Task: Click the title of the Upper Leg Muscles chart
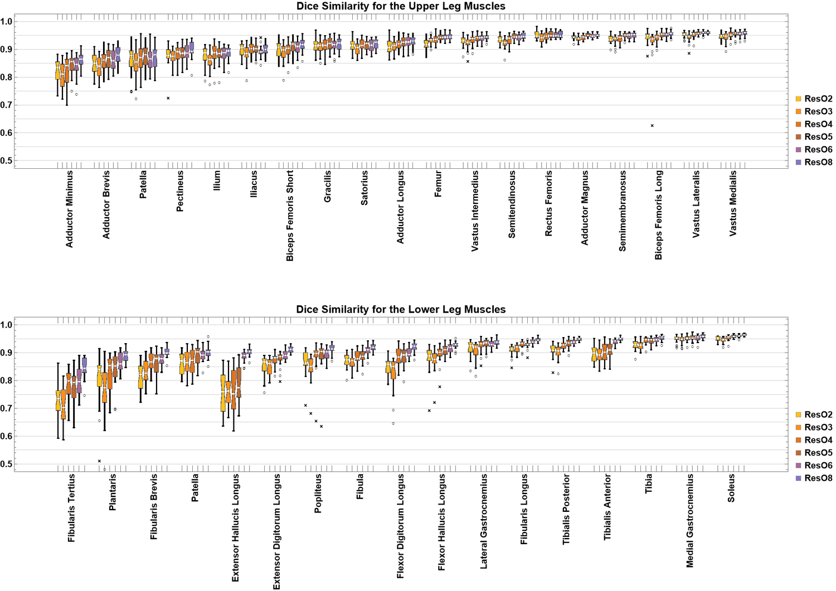click(401, 6)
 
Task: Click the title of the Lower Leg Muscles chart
click(401, 309)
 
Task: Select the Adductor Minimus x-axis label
click(70, 209)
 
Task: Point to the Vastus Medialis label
click(733, 203)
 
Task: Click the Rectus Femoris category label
click(549, 203)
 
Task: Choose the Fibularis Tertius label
click(72, 508)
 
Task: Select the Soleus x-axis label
click(731, 488)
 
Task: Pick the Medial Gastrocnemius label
click(690, 521)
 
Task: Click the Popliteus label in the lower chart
click(318, 493)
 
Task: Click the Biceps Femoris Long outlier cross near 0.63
click(652, 126)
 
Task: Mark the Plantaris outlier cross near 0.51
click(99, 461)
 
